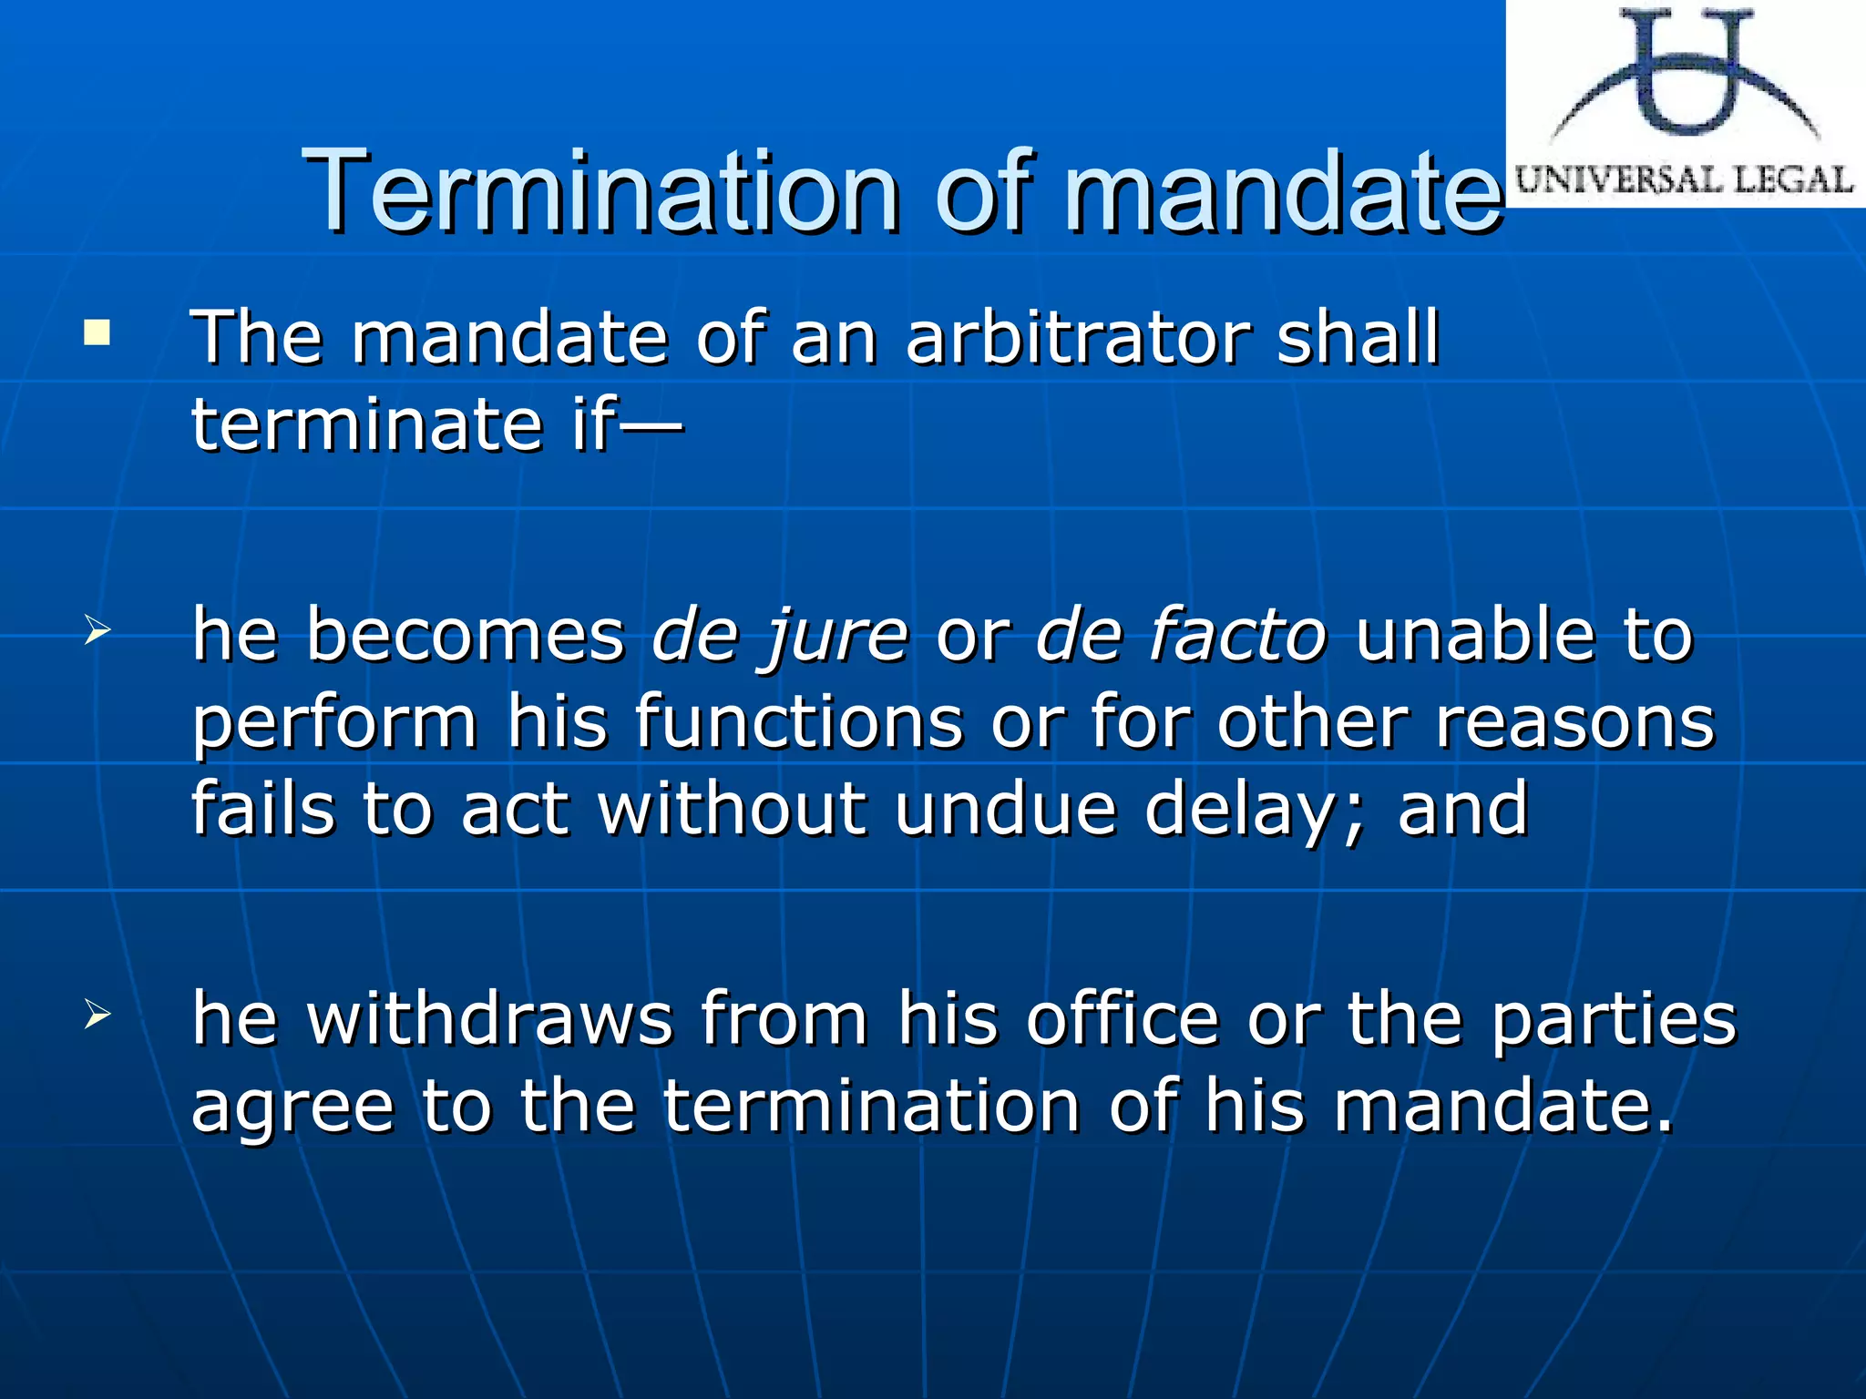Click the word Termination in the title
pos(601,191)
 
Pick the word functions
pos(799,721)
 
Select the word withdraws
pos(489,1018)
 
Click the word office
pos(1123,1018)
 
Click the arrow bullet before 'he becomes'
pos(97,630)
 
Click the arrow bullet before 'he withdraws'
pos(97,1014)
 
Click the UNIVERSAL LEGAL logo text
pos(1685,179)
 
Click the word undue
pos(1005,809)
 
